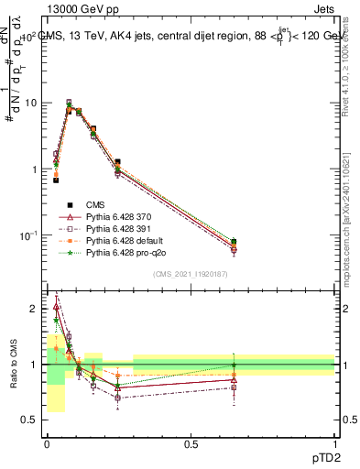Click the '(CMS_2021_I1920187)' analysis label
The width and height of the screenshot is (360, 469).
191,274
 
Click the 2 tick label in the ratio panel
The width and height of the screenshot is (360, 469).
34,309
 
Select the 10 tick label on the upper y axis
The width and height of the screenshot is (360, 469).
30,103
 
